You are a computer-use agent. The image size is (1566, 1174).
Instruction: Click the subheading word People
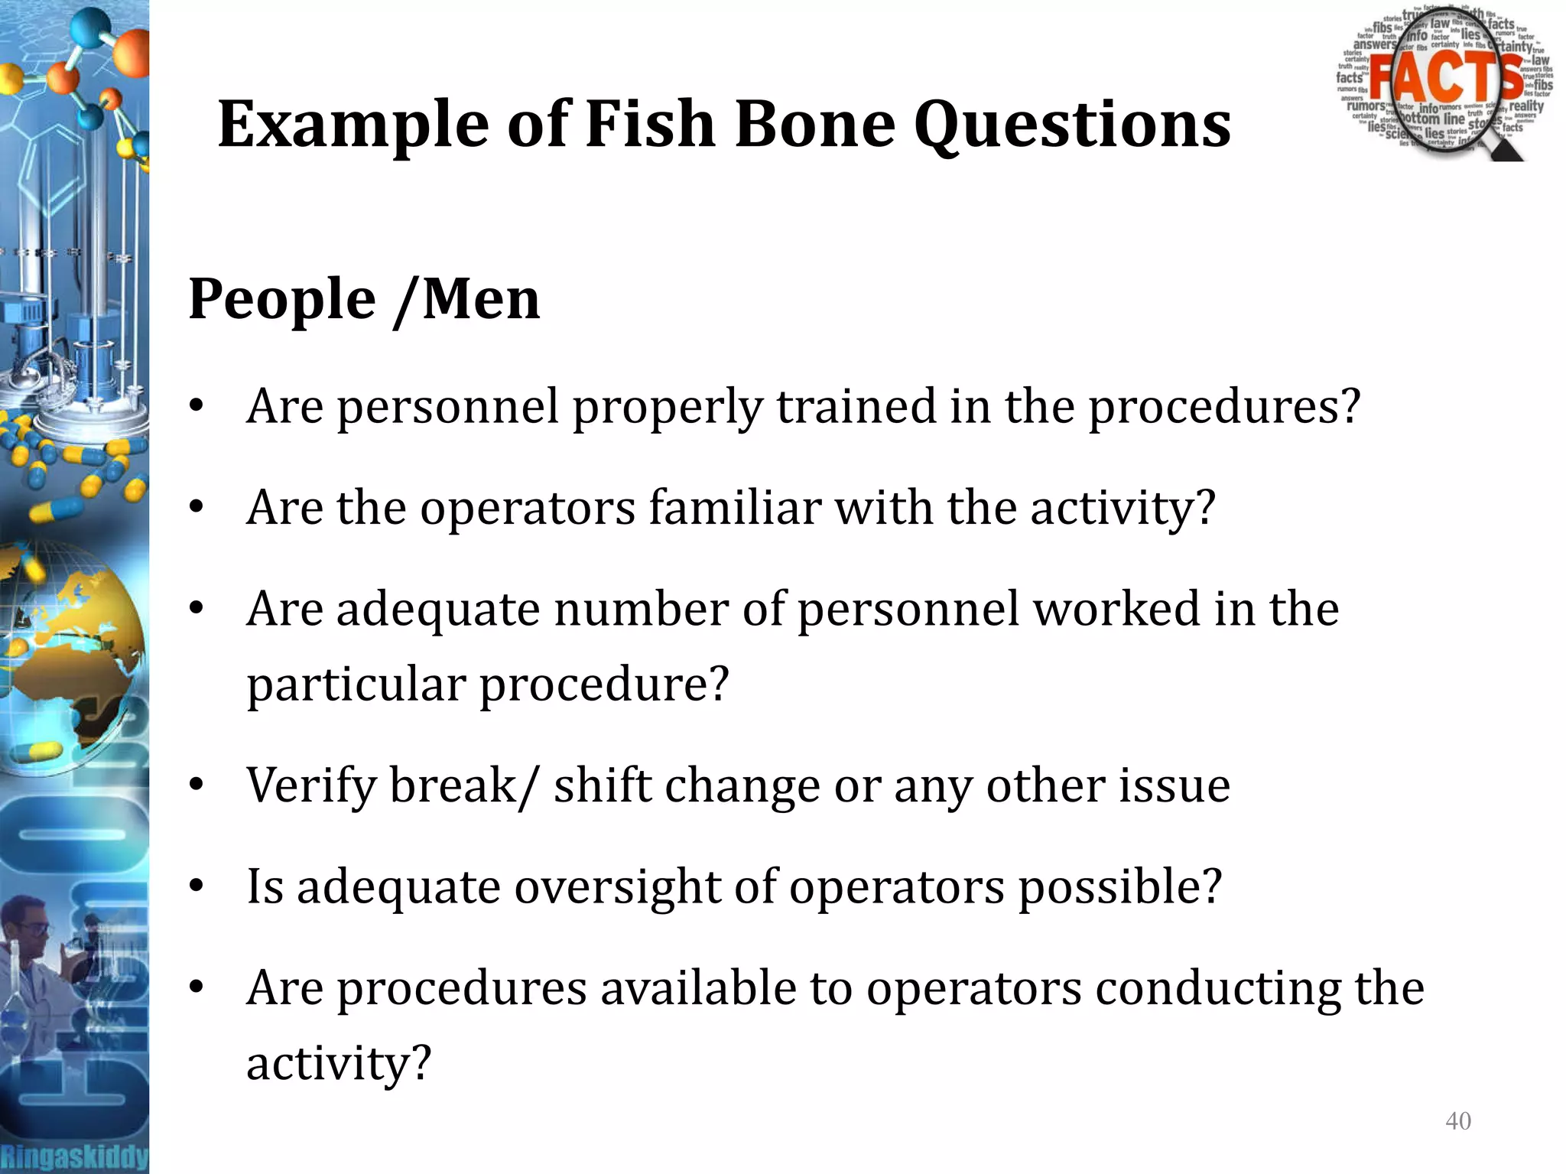282,301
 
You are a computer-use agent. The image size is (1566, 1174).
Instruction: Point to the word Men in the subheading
481,299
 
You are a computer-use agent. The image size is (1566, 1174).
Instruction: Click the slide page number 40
1457,1121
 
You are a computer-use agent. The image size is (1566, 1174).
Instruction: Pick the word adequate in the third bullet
437,610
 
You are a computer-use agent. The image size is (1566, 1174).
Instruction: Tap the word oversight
617,887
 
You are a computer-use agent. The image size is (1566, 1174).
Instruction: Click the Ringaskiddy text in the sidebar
73,1156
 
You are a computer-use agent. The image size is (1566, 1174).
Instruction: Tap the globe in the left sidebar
73,650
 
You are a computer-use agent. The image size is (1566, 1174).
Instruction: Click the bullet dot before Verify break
197,785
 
